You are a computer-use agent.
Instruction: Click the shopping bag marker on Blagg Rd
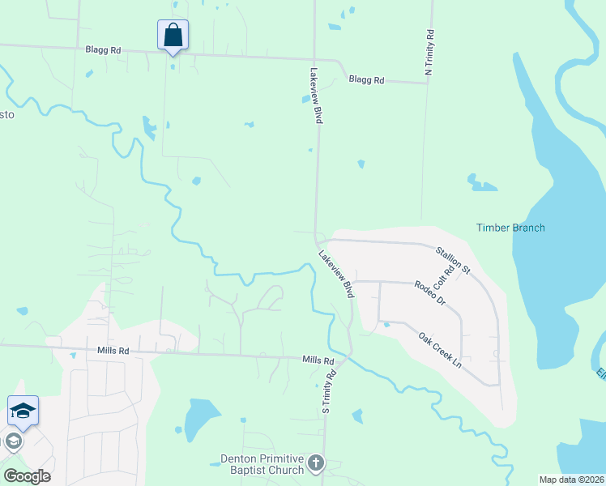pyautogui.click(x=173, y=36)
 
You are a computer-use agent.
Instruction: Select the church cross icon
pyautogui.click(x=315, y=464)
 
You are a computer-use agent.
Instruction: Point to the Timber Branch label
pyautogui.click(x=510, y=228)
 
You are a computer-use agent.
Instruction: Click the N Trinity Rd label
pyautogui.click(x=429, y=54)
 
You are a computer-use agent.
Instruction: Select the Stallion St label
pyautogui.click(x=452, y=260)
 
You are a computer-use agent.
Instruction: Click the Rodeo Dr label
pyautogui.click(x=429, y=292)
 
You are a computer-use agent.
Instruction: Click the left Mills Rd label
pyautogui.click(x=113, y=352)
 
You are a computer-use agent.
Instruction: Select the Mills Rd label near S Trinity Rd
pyautogui.click(x=318, y=360)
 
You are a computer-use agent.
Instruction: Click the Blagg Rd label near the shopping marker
pyautogui.click(x=103, y=50)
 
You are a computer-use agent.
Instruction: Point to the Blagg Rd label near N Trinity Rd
pyautogui.click(x=366, y=80)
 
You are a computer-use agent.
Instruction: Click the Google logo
pyautogui.click(x=27, y=476)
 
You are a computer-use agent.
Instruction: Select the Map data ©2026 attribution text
pyautogui.click(x=570, y=480)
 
